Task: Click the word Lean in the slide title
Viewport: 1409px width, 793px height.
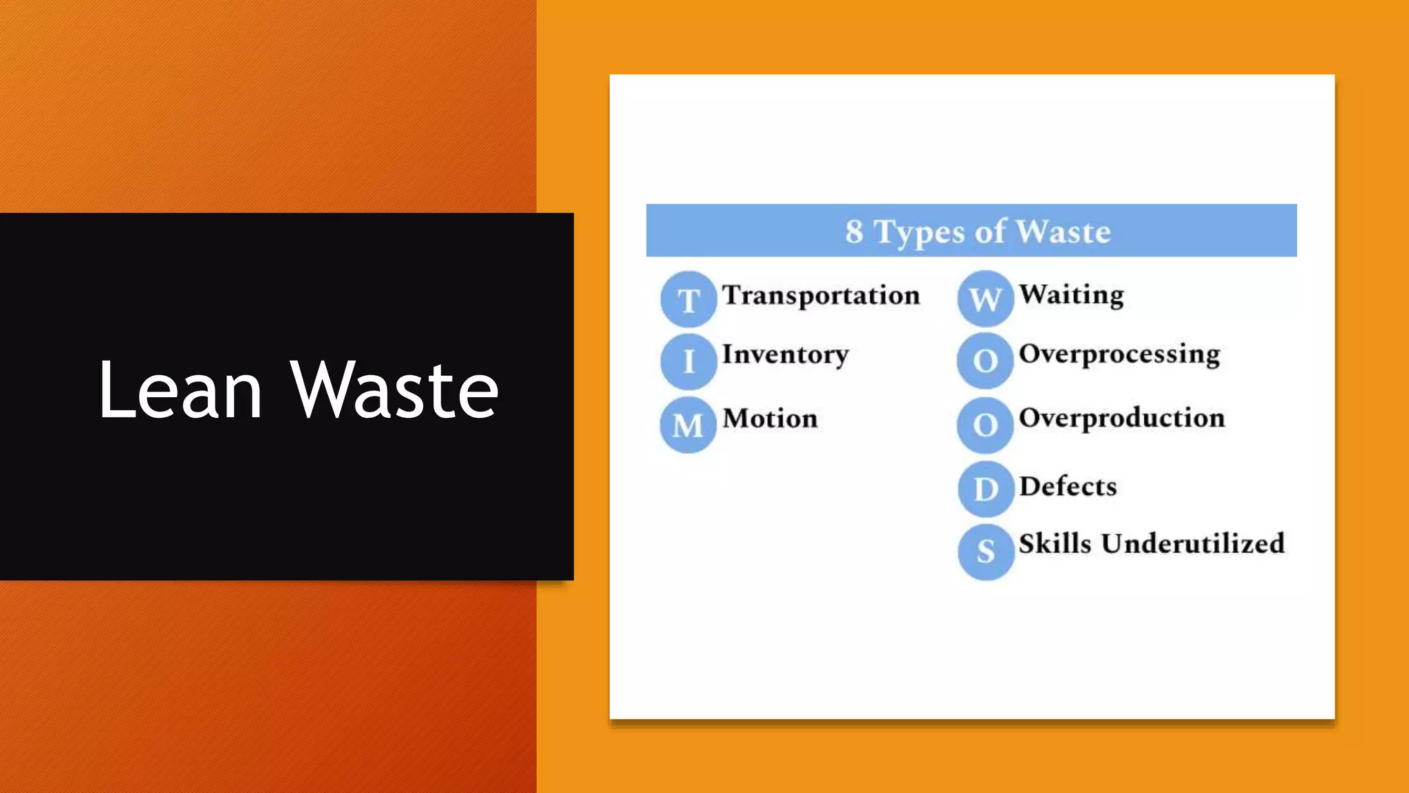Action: coord(180,390)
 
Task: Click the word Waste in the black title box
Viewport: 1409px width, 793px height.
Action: coord(394,390)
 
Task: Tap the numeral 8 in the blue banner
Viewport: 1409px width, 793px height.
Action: coord(854,231)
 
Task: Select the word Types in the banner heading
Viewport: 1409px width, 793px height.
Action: coord(920,233)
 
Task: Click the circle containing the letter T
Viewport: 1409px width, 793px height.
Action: coord(689,299)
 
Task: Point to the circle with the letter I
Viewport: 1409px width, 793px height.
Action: coord(689,361)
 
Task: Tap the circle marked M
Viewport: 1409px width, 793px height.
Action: coord(689,425)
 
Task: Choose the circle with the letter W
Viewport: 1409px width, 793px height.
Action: coord(985,299)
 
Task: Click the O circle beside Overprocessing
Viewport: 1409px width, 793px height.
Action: coord(985,361)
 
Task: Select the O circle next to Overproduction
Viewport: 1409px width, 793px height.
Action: coord(985,425)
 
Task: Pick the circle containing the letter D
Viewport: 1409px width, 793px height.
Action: coord(986,489)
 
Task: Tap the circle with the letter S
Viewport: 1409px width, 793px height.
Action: coord(986,551)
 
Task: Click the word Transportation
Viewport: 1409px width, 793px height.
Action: coord(821,296)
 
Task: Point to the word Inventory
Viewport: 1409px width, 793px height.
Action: coord(785,355)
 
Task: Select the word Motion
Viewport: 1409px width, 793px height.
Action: coord(770,419)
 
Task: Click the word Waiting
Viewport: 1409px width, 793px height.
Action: coord(1071,295)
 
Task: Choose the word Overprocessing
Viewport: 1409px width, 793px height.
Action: coord(1119,355)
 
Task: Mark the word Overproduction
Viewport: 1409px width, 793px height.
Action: coord(1121,418)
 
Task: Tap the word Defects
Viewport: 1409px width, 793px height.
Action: coord(1068,487)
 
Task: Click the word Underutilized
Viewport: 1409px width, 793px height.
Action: coord(1192,544)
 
